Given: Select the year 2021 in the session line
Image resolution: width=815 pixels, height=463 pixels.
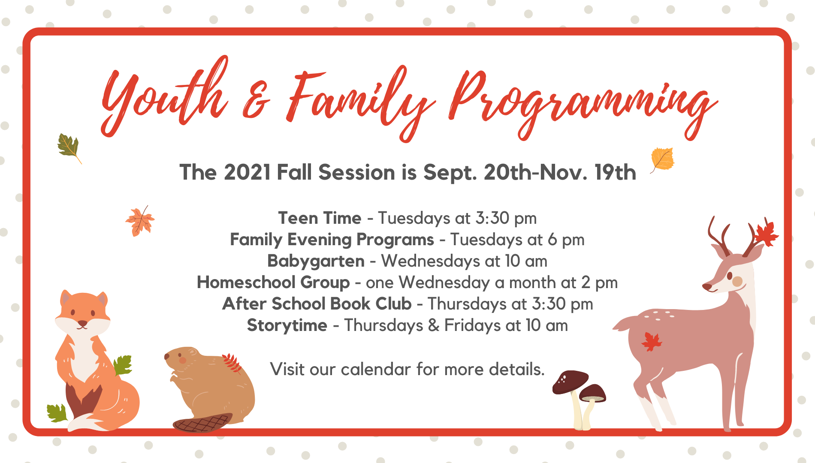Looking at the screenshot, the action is (x=247, y=172).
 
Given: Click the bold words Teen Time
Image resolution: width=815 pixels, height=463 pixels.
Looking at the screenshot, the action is (x=320, y=218).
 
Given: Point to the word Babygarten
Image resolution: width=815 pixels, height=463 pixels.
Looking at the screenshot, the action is (x=316, y=261).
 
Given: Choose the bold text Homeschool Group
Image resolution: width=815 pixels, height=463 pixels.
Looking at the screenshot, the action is (x=273, y=282).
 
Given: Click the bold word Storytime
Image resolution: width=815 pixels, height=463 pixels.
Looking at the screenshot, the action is (x=287, y=325).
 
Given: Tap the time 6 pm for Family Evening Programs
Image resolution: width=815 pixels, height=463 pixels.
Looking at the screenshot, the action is (x=566, y=240).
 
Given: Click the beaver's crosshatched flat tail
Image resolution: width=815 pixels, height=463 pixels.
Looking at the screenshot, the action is (x=202, y=423).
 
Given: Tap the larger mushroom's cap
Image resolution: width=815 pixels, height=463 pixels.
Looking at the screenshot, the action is (x=570, y=381).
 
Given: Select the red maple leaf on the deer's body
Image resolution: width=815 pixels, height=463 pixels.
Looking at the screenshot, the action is (x=652, y=342).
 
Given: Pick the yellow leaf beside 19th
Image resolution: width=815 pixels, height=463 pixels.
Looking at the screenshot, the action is (x=662, y=159).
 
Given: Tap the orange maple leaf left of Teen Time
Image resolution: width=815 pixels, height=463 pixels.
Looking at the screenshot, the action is (x=140, y=220).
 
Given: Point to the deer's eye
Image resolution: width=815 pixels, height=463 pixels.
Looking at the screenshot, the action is (x=729, y=275).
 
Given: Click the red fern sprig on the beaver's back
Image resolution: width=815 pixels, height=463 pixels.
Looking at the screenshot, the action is (x=232, y=363).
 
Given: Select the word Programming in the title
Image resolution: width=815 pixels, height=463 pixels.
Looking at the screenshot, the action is (x=583, y=105).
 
